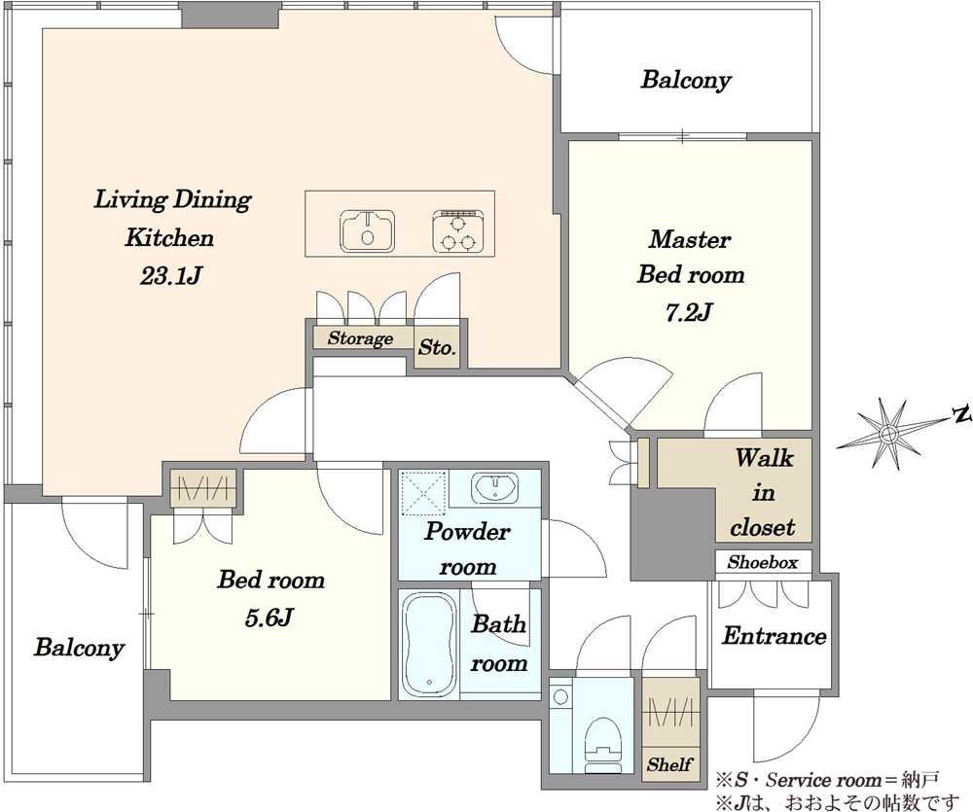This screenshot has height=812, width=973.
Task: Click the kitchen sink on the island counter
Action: click(368, 230)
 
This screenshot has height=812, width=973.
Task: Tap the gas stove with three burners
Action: click(458, 231)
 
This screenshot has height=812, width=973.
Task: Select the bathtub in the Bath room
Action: click(429, 644)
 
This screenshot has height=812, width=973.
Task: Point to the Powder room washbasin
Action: click(494, 487)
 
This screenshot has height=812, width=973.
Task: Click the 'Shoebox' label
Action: click(763, 562)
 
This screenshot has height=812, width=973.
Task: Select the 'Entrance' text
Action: click(774, 636)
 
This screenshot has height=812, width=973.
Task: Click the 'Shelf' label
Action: click(669, 764)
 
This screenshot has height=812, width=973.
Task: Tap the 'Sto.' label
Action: click(437, 347)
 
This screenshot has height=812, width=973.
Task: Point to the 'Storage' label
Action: click(361, 338)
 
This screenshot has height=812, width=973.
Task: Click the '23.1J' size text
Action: click(170, 276)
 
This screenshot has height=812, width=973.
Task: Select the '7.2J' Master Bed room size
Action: click(688, 313)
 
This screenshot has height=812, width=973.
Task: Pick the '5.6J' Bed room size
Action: click(269, 618)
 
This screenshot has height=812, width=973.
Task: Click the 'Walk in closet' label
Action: click(763, 492)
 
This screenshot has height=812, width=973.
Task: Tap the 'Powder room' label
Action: click(467, 549)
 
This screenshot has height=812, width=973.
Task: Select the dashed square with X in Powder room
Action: click(424, 493)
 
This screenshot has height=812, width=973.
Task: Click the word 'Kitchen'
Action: click(169, 238)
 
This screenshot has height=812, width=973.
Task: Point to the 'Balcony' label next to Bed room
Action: click(79, 648)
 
